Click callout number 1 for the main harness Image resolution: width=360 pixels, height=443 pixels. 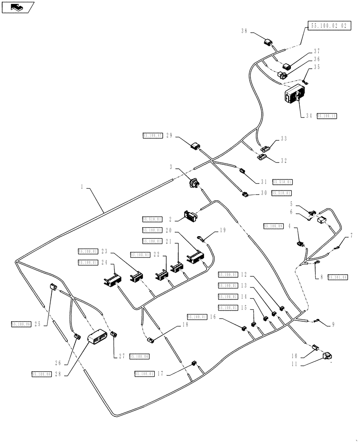point(82,187)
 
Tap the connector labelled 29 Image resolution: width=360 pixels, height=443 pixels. point(196,146)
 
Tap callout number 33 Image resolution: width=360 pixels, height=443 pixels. point(284,139)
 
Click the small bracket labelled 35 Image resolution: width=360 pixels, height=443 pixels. point(305,82)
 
